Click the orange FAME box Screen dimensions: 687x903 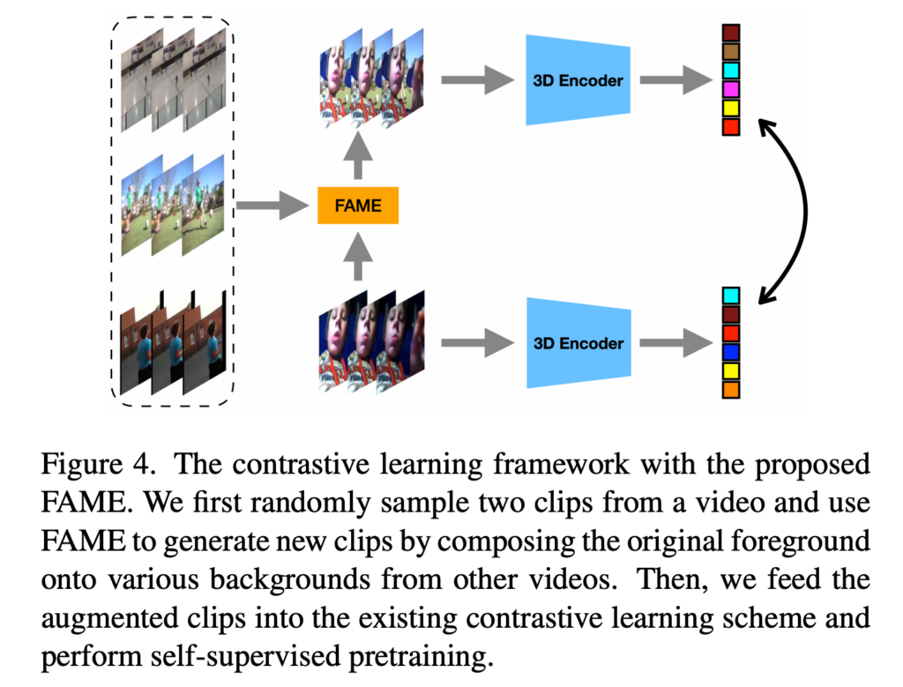click(358, 206)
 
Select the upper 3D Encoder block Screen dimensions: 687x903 click(578, 80)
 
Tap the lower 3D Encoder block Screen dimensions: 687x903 click(578, 343)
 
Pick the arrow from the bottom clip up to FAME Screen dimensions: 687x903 click(358, 255)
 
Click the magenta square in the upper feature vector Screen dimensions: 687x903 click(730, 89)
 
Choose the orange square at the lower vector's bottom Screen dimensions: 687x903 click(730, 389)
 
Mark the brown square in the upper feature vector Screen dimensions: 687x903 click(730, 51)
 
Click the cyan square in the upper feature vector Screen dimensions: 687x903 click(730, 70)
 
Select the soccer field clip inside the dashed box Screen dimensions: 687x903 click(172, 205)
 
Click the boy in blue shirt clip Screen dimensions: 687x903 click(172, 345)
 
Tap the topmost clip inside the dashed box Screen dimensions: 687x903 click(172, 78)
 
